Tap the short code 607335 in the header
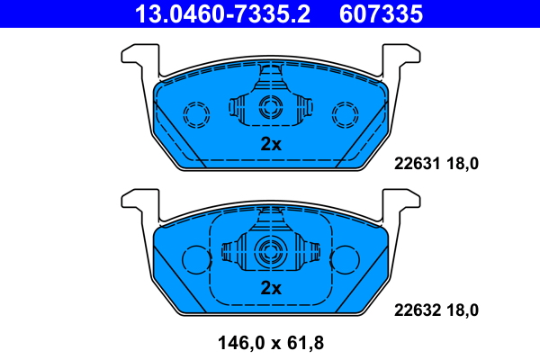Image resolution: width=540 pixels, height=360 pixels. coord(380,13)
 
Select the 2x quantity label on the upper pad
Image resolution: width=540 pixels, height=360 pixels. coord(271,144)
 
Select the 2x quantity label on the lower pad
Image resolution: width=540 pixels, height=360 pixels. coord(271,288)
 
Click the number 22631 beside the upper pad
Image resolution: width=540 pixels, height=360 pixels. coord(415,164)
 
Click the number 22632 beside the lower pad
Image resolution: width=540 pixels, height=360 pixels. coord(415,310)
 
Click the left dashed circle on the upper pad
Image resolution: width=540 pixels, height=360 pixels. coord(195,113)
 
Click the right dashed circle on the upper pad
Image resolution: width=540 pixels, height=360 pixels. coord(346,113)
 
